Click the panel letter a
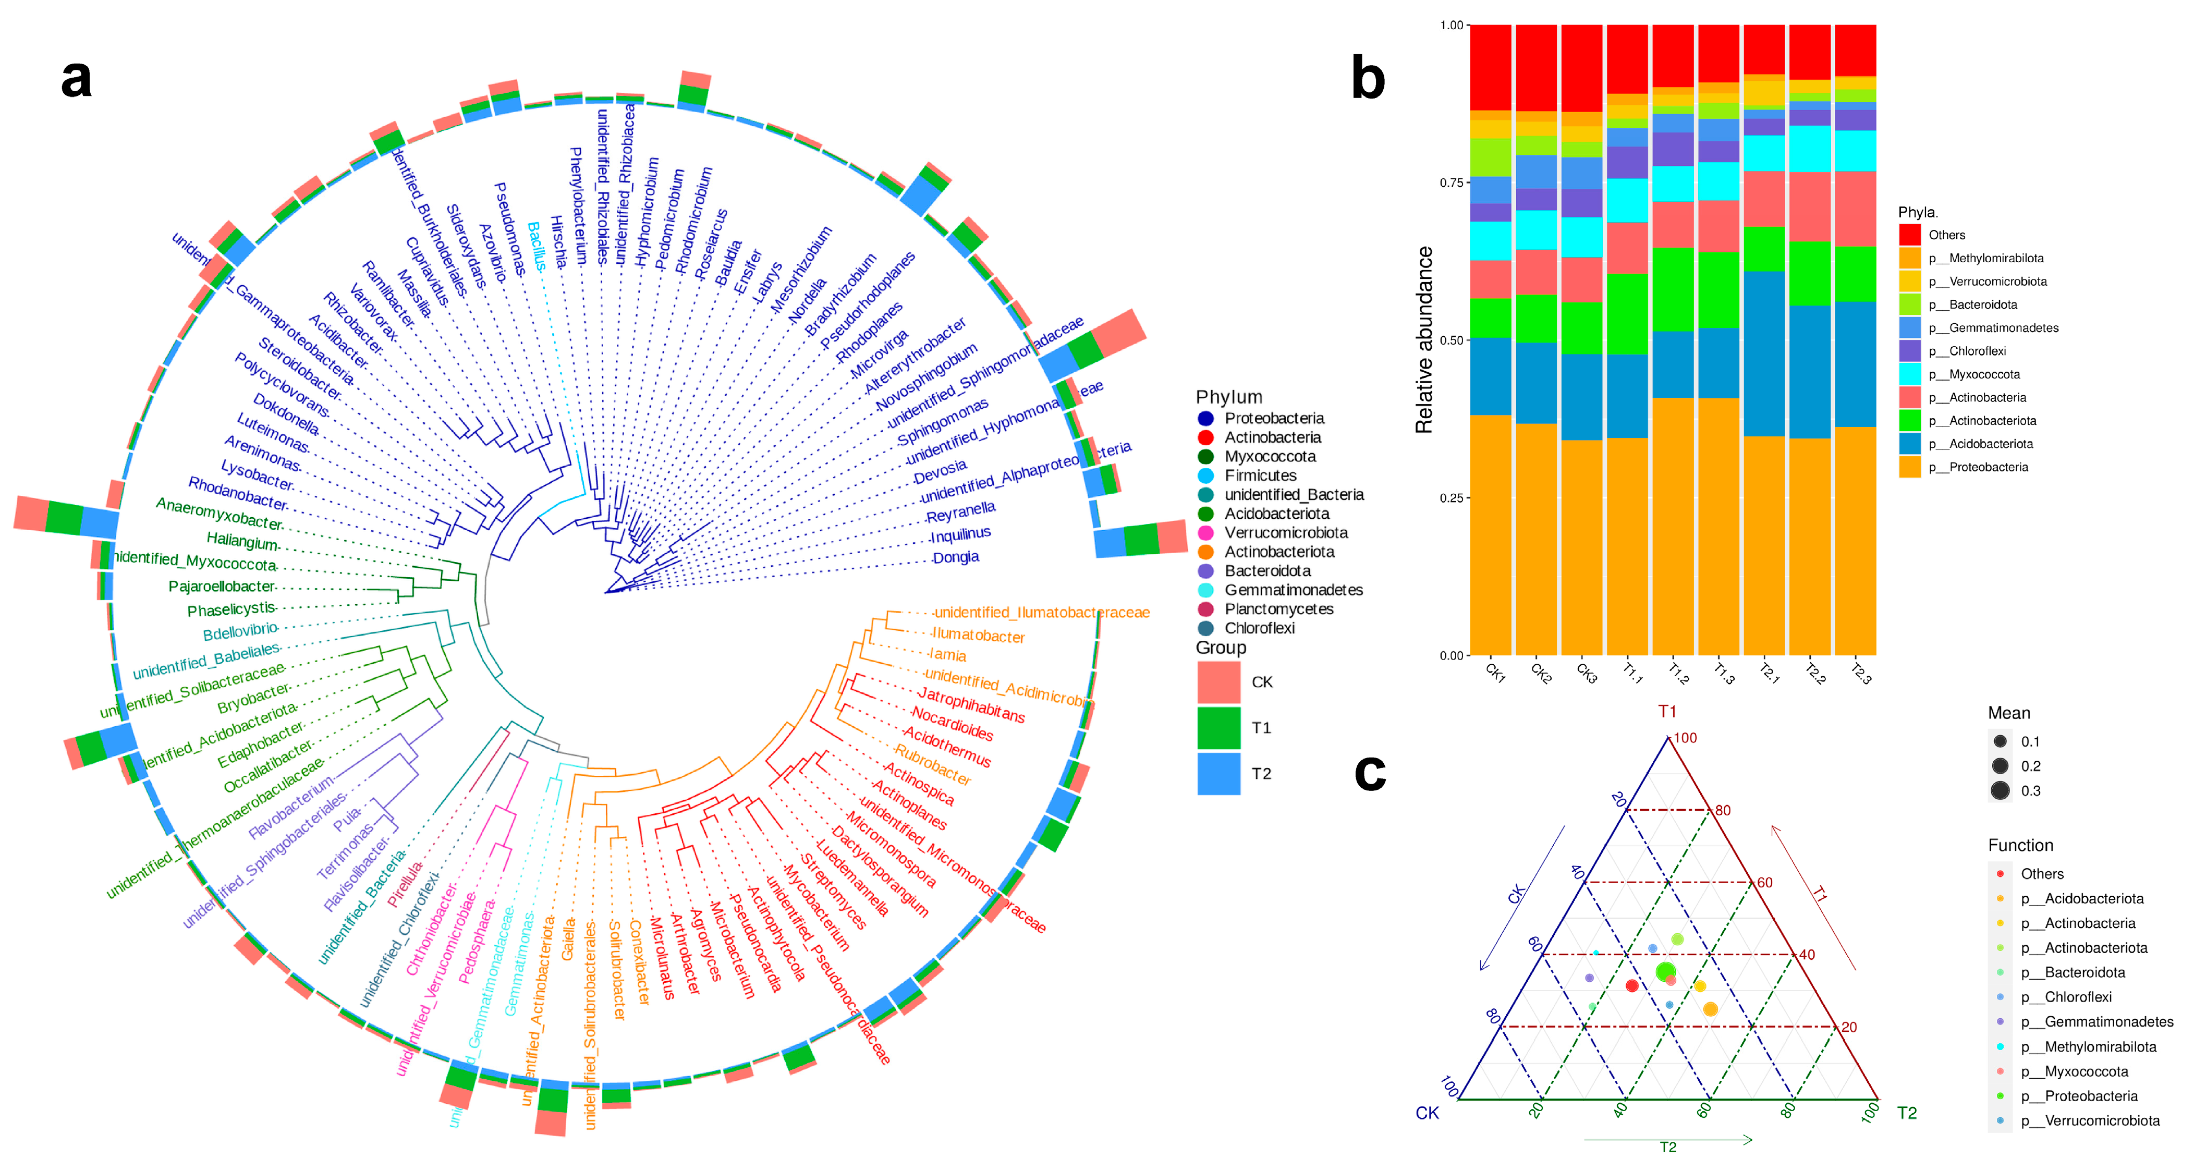point(77,79)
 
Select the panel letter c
point(1370,773)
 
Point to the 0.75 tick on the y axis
point(1451,182)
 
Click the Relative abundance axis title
point(1424,340)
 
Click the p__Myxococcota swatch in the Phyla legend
point(1909,374)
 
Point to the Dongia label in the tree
point(956,558)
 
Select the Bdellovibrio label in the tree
point(240,631)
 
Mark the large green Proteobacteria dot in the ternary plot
point(1666,972)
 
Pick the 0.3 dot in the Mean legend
point(2000,790)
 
